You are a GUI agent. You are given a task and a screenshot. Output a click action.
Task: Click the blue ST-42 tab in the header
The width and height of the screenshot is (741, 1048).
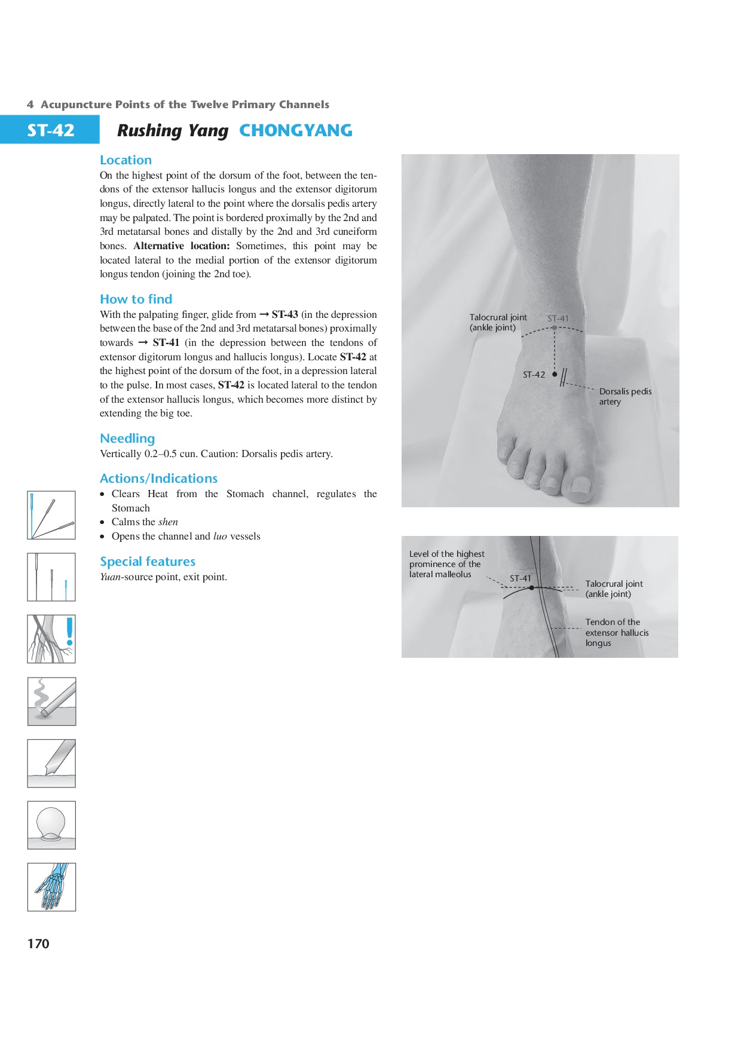50,130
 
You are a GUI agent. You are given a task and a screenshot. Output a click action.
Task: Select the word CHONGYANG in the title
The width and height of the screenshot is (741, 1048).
296,130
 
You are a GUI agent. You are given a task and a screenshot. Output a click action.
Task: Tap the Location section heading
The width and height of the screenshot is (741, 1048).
125,160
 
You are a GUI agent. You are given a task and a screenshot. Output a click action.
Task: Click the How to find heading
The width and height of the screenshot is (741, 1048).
136,299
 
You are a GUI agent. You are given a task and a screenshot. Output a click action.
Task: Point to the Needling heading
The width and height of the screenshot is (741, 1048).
127,439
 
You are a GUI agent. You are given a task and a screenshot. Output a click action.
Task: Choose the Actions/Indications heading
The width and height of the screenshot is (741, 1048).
158,479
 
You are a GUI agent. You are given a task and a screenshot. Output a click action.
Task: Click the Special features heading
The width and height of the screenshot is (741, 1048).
148,562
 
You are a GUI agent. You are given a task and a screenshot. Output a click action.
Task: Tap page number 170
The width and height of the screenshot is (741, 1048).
38,943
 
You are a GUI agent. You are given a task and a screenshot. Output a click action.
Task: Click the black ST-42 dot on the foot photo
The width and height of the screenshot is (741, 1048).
555,375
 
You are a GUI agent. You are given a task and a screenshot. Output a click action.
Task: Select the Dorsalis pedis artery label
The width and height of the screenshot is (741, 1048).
625,396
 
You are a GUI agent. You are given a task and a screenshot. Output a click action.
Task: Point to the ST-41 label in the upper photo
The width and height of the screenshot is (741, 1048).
558,318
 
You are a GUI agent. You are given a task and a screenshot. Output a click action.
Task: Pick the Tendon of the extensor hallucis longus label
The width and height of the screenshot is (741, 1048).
617,632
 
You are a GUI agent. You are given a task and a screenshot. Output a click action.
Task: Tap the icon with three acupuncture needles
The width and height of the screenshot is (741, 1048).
51,515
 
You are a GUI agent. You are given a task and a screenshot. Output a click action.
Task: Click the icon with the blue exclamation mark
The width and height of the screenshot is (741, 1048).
51,639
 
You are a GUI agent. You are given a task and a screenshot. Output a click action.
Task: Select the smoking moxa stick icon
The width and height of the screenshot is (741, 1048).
51,701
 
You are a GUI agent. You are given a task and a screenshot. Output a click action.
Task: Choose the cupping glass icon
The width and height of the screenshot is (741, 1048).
51,825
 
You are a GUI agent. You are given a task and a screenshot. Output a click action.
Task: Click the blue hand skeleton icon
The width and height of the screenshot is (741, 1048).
51,887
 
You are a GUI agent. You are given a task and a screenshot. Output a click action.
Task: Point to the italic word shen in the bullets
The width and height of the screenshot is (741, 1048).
168,522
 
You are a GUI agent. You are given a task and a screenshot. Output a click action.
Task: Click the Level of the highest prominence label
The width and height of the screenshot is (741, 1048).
446,564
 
